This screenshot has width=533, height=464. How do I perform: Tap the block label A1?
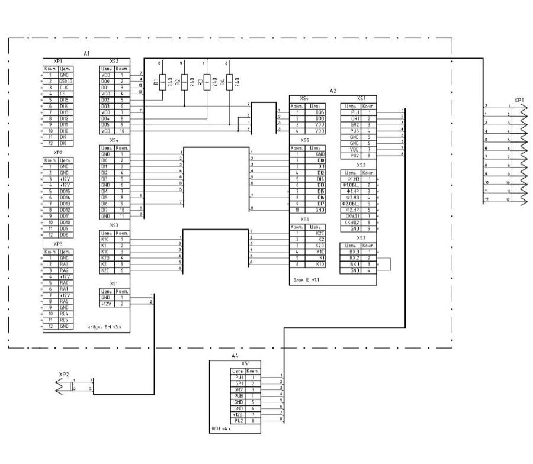point(86,54)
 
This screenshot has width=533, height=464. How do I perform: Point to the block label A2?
point(332,91)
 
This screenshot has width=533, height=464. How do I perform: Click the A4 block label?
point(235,357)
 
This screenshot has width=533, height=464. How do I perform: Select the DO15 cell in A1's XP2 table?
point(63,192)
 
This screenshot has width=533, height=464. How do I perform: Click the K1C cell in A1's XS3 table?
point(107,252)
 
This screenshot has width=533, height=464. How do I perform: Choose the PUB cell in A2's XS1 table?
point(355,128)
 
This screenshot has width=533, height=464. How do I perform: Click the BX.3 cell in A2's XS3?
point(354,252)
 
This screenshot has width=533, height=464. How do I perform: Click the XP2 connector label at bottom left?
point(64,375)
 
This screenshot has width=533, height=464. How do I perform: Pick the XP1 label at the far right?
point(519,101)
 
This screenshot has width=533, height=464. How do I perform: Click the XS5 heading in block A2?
point(305,140)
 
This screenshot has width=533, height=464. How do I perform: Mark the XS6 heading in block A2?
point(305,219)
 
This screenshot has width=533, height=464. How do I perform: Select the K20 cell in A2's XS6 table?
point(320,246)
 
